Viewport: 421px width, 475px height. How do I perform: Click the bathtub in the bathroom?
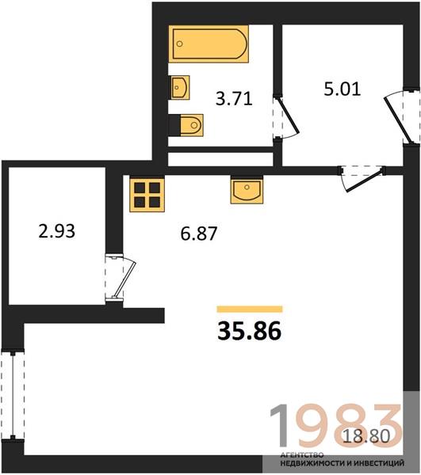[x=209, y=44]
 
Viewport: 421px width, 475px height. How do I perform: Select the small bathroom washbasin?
[x=179, y=88]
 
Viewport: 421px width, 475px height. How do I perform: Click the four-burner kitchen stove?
[x=147, y=195]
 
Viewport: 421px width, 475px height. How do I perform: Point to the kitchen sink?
[x=247, y=191]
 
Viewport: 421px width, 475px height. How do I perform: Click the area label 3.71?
[x=234, y=99]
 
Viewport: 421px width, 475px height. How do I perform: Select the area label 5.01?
[x=343, y=89]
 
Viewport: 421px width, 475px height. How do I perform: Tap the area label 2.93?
[x=57, y=231]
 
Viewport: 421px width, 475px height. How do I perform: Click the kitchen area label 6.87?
[x=199, y=234]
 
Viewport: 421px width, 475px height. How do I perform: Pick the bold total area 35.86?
[x=249, y=331]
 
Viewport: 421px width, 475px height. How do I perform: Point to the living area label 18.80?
[x=366, y=436]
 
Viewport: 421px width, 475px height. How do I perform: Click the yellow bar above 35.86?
[x=250, y=309]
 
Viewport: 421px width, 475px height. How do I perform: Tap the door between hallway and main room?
[x=362, y=178]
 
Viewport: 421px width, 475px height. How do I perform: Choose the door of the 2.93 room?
[x=120, y=278]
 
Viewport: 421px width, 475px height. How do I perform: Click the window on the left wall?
[x=13, y=395]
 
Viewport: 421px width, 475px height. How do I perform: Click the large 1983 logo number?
[x=336, y=426]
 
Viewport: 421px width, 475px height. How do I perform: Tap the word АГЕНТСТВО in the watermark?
[x=302, y=454]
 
